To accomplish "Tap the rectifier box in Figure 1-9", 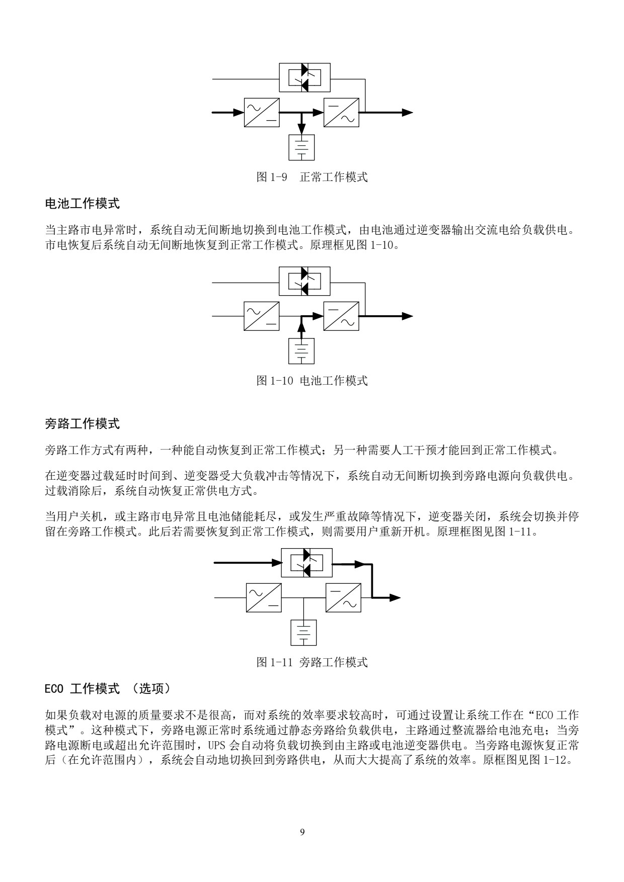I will pyautogui.click(x=262, y=112).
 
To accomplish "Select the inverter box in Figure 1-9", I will pyautogui.click(x=341, y=112).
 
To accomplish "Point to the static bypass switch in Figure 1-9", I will pyautogui.click(x=304, y=77).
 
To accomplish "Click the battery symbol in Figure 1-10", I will pyautogui.click(x=301, y=351).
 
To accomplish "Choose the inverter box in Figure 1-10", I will pyautogui.click(x=341, y=316).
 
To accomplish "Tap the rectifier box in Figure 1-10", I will pyautogui.click(x=262, y=316).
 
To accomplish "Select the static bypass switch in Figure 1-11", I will pyautogui.click(x=306, y=562).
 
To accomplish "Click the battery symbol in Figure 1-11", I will pyautogui.click(x=303, y=632).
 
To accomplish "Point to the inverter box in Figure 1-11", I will pyautogui.click(x=343, y=597).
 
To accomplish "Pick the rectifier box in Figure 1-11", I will pyautogui.click(x=264, y=597).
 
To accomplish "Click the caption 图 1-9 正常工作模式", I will pyautogui.click(x=312, y=177).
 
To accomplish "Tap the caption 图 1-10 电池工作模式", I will pyautogui.click(x=312, y=381).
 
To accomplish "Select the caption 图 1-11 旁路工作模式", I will pyautogui.click(x=312, y=662).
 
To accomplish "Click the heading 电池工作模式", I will pyautogui.click(x=83, y=204).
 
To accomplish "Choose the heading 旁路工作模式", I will pyautogui.click(x=83, y=424).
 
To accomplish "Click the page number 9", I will pyautogui.click(x=302, y=832).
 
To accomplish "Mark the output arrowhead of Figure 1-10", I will pyautogui.click(x=407, y=316).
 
